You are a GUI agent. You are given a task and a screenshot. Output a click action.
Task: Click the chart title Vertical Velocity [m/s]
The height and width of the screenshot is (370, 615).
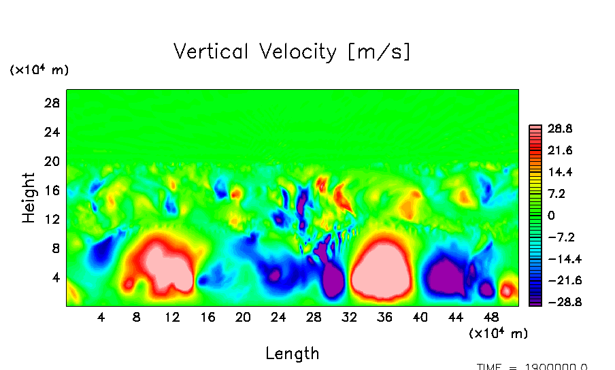(292, 52)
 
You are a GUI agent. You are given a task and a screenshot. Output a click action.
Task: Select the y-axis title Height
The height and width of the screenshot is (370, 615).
(29, 197)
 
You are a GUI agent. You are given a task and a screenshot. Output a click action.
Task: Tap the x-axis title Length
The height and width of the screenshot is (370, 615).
(292, 353)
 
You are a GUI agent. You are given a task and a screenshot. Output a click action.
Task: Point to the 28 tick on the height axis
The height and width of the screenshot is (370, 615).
(53, 103)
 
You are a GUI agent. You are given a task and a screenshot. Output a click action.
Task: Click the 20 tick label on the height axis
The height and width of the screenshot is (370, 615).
(53, 161)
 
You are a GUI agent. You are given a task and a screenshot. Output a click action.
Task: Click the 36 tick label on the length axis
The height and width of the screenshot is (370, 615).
(384, 317)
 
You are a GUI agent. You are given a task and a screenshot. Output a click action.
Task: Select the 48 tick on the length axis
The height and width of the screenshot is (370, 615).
(491, 317)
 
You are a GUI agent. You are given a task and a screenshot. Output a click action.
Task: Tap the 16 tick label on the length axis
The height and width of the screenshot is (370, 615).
(207, 317)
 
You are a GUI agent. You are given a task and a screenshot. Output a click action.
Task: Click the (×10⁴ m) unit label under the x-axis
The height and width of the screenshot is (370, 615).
(498, 333)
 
